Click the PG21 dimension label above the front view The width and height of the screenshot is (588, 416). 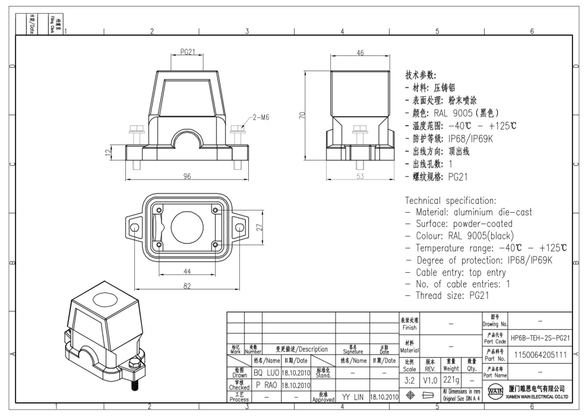pos(188,53)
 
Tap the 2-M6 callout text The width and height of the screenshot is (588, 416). pos(260,118)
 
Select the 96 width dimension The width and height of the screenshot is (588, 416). pos(188,176)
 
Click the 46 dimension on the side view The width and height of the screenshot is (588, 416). pos(359,53)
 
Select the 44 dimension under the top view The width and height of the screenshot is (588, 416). pos(187,271)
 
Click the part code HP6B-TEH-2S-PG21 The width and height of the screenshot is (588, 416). pos(541,338)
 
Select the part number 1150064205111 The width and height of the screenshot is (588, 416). pos(541,354)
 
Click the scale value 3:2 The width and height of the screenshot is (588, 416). pos(409,378)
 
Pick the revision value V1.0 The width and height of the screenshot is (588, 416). pos(430,378)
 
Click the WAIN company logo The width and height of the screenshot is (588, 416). pos(495,393)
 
